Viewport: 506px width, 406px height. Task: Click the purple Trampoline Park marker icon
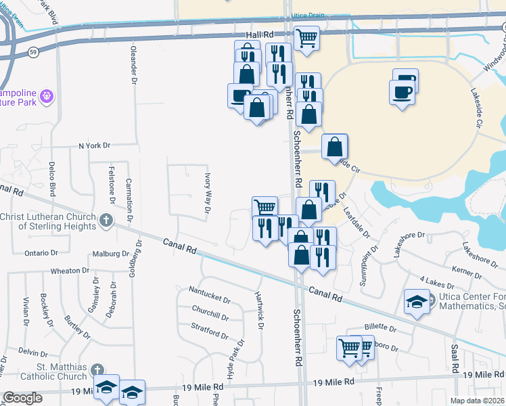point(46,97)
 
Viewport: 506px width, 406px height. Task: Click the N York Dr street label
point(94,145)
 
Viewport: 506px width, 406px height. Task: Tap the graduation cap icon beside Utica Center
point(417,300)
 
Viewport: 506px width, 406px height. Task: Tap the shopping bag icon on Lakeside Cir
point(334,147)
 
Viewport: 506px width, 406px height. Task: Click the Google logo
point(22,398)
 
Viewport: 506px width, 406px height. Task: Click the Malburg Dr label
point(110,254)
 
